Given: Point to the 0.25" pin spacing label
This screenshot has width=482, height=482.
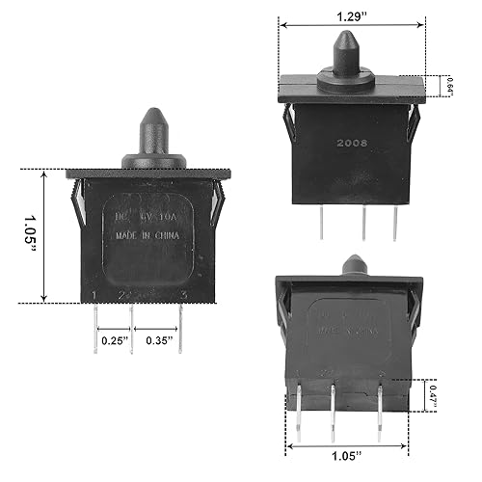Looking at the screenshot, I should (x=114, y=339).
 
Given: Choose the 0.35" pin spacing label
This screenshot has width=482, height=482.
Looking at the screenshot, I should (x=160, y=339).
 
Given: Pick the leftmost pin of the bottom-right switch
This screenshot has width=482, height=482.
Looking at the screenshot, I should (x=298, y=415).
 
